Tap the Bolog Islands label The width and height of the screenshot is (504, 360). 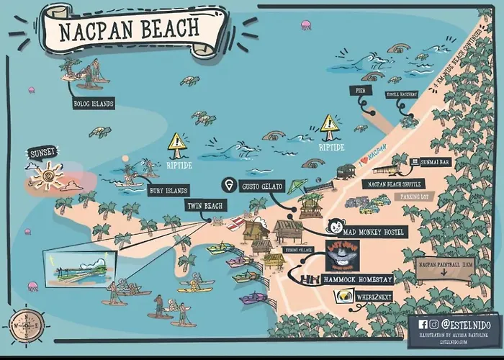coord(93,103)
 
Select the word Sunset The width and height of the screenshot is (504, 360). coord(42,153)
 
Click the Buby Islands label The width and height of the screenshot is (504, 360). coord(168,191)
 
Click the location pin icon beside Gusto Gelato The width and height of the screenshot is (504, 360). coord(230,185)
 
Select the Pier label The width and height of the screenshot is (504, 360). coord(360,90)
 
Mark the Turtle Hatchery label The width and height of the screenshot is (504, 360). coord(402,94)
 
